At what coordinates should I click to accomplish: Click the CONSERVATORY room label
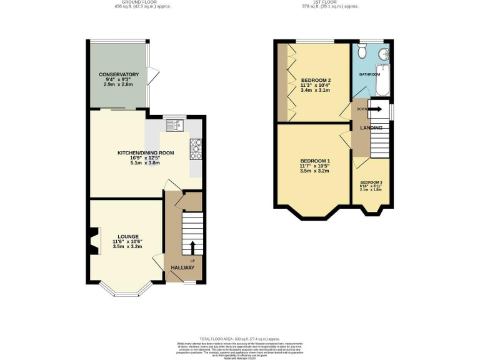(118, 74)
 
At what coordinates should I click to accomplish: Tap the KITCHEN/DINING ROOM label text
(146, 152)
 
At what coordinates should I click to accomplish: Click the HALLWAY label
(183, 267)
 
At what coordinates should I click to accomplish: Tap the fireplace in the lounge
(93, 241)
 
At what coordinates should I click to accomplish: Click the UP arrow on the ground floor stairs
(192, 247)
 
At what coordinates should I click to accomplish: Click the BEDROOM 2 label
(316, 81)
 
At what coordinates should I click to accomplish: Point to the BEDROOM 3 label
(371, 182)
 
